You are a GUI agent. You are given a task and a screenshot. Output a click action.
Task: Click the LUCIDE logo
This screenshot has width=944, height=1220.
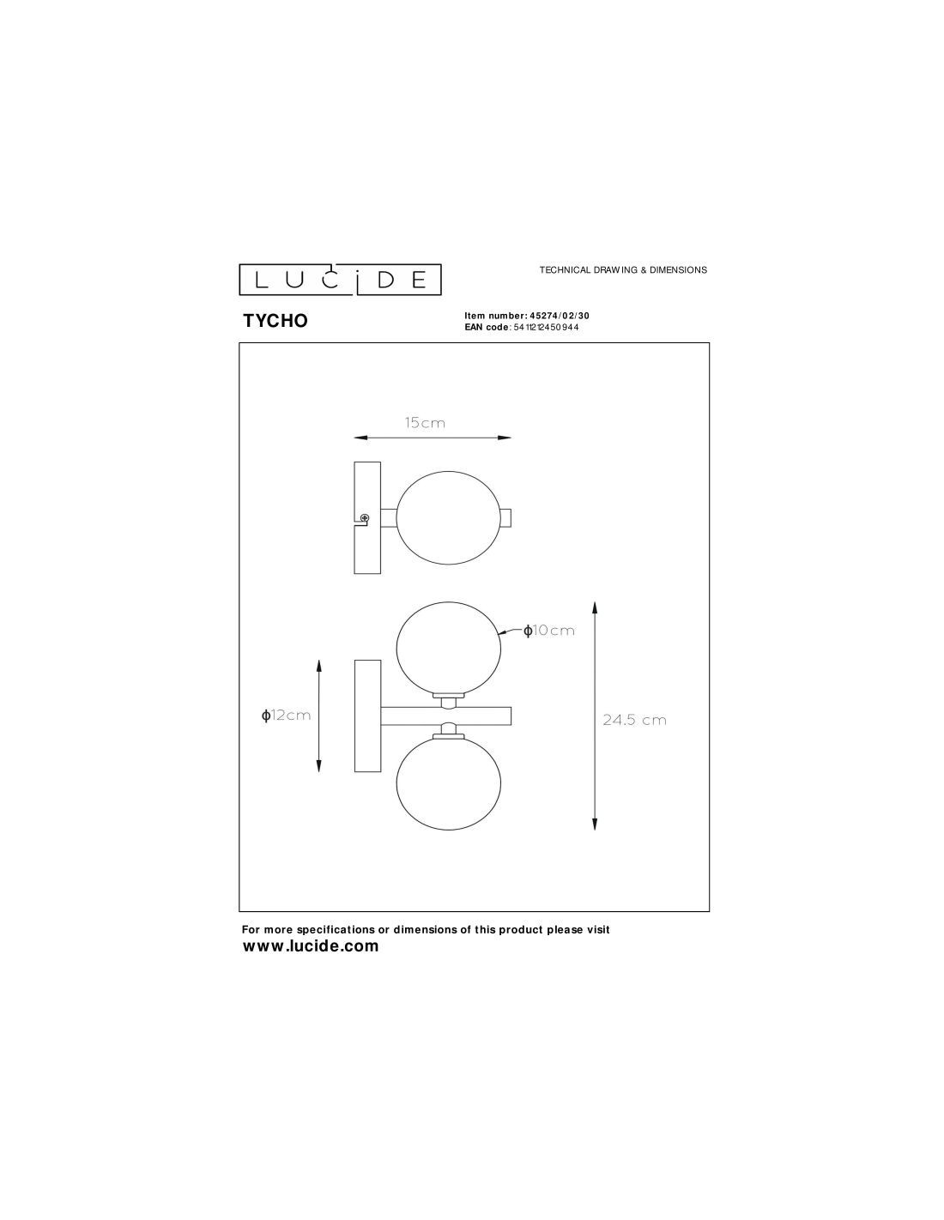340,280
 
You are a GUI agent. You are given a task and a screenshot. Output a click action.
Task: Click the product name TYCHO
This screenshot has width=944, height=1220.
275,321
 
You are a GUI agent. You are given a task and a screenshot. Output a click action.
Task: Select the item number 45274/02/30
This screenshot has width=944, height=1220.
555,316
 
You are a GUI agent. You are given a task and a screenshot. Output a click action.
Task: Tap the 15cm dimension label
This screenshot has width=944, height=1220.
425,423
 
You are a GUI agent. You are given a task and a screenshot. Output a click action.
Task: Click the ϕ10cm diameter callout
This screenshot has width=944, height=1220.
548,631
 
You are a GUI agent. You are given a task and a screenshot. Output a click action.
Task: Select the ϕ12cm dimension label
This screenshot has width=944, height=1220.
286,716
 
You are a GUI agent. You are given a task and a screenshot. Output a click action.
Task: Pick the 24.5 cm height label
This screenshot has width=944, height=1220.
634,720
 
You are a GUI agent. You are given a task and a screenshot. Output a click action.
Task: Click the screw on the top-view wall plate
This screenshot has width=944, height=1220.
365,517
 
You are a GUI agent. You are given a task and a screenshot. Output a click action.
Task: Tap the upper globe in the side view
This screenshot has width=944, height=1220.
449,649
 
